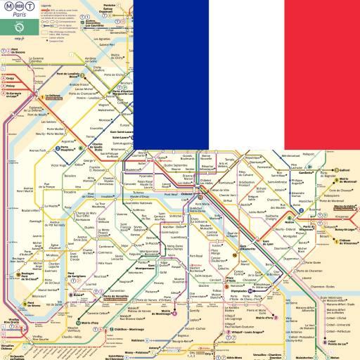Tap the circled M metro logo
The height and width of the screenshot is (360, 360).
pyautogui.click(x=8, y=10)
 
